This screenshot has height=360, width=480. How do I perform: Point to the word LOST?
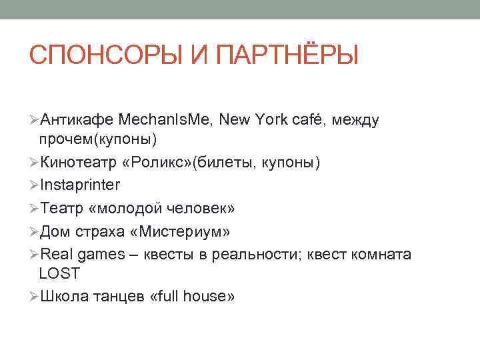59,273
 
